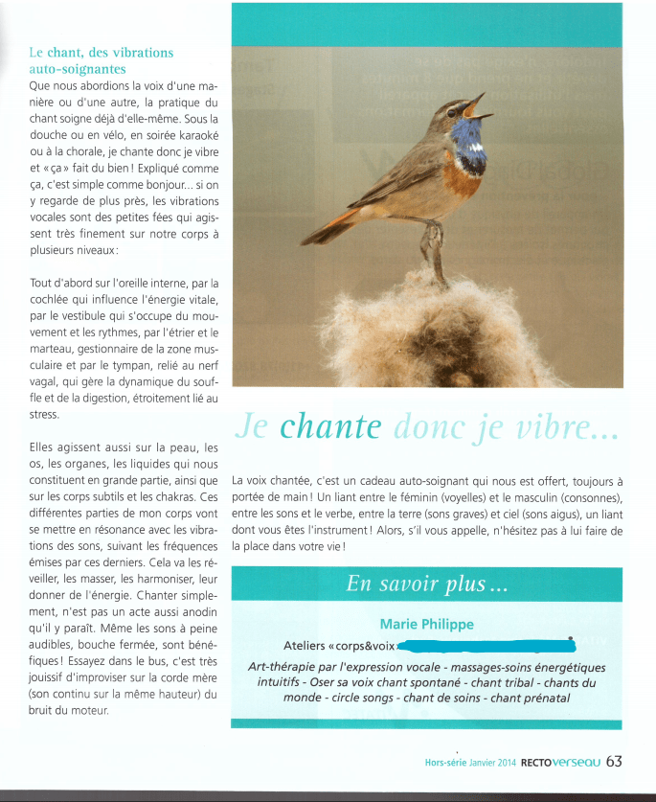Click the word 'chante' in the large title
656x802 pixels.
pyautogui.click(x=331, y=428)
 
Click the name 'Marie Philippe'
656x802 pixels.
pyautogui.click(x=426, y=625)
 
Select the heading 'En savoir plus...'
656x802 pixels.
pyautogui.click(x=426, y=584)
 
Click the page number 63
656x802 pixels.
pyautogui.click(x=614, y=762)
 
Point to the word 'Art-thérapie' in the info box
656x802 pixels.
pyautogui.click(x=283, y=667)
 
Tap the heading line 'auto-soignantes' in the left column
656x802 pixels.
pyautogui.click(x=78, y=70)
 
